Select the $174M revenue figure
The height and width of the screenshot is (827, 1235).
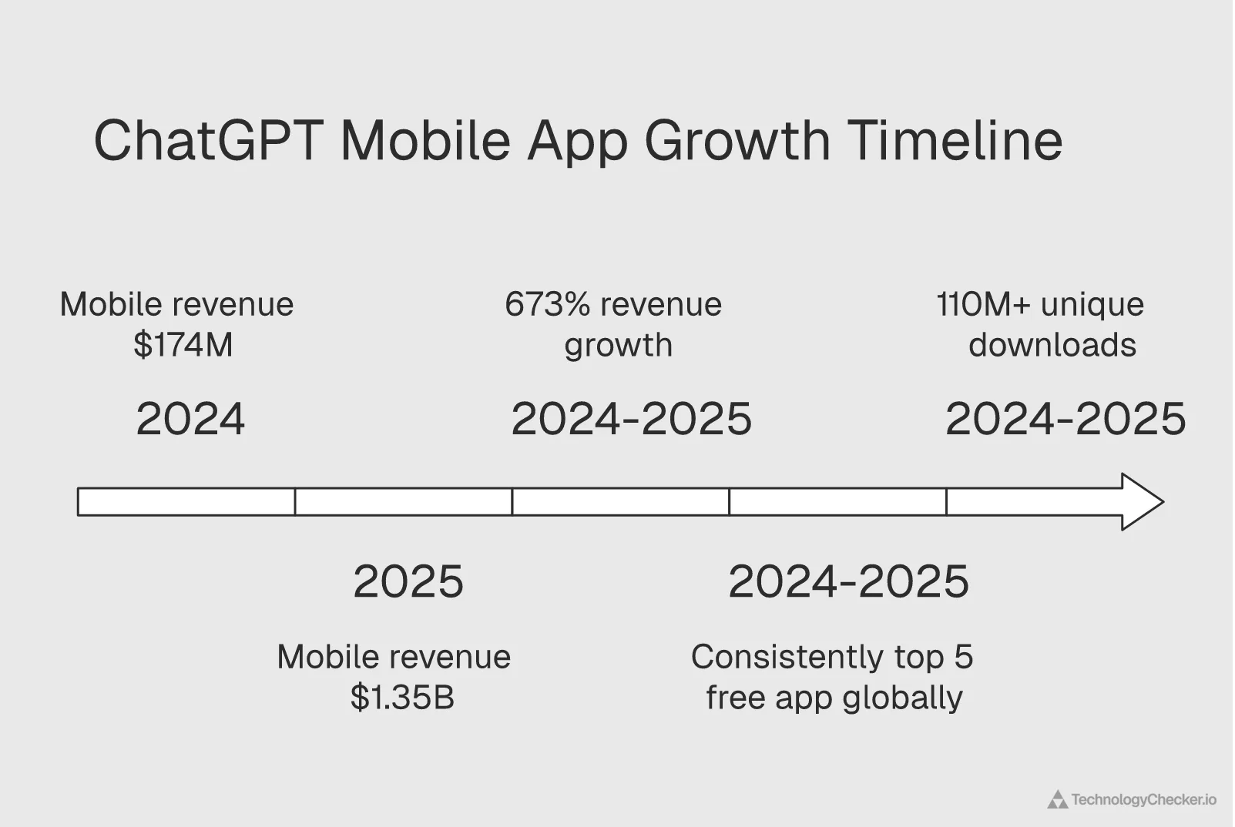point(183,344)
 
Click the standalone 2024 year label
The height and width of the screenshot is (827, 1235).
point(190,420)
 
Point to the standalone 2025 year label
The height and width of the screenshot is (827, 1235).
point(408,581)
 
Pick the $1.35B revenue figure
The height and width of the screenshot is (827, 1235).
point(402,697)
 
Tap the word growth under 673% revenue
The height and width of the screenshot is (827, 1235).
point(618,345)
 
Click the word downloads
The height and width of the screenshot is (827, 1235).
point(1052,345)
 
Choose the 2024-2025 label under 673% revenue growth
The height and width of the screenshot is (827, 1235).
point(631,420)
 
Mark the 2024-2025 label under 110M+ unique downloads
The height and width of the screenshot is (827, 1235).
point(1066,420)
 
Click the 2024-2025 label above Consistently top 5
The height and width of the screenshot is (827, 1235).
point(848,581)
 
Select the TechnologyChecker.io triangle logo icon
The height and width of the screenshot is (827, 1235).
point(1057,800)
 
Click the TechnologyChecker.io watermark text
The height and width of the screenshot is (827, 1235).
point(1143,800)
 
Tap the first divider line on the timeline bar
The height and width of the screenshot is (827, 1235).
point(295,502)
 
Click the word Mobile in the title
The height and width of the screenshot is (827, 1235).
point(425,141)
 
